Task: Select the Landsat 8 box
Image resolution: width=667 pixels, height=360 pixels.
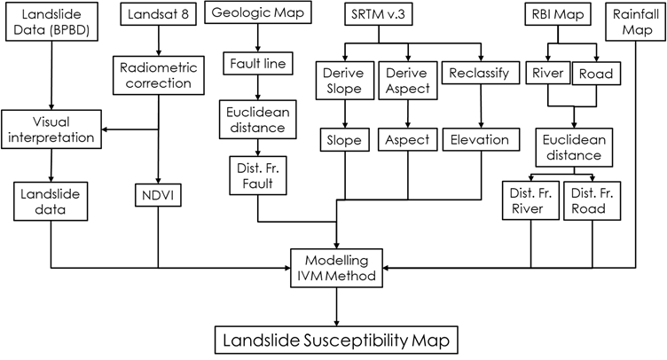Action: click(x=157, y=14)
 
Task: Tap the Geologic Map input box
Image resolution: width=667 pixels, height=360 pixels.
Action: click(x=257, y=13)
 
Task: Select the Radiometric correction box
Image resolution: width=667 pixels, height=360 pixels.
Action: click(x=158, y=74)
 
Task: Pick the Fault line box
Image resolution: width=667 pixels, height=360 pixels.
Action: click(x=257, y=64)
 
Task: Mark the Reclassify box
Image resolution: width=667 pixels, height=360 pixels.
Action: click(x=479, y=73)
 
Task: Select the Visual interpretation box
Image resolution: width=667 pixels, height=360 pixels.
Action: click(x=51, y=129)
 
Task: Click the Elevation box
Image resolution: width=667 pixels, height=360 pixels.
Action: click(x=479, y=139)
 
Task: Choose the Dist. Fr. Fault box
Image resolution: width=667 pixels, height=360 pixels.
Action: click(x=256, y=176)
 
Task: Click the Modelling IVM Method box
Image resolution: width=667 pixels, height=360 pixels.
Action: click(x=337, y=267)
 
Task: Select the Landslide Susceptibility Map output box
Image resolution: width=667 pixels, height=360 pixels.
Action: click(x=337, y=340)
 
